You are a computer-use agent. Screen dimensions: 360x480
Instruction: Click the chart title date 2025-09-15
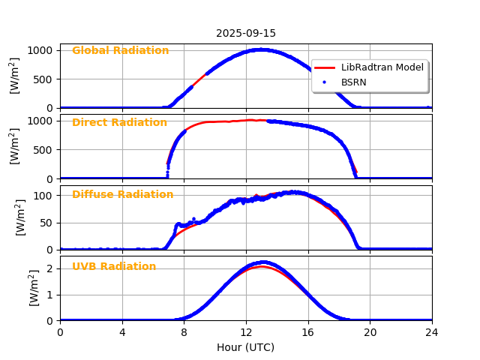[x=246, y=33]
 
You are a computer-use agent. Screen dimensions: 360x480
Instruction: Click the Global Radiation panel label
[x=120, y=51]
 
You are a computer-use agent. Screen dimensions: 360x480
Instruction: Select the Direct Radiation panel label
[x=119, y=123]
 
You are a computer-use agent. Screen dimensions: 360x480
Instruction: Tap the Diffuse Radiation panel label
[x=122, y=195]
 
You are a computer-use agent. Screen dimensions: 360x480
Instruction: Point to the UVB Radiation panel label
[x=114, y=267]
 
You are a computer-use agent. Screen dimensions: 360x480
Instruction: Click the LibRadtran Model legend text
[x=382, y=67]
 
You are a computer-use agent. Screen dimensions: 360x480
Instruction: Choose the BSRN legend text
[x=353, y=82]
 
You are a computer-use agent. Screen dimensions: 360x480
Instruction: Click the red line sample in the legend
[x=325, y=67]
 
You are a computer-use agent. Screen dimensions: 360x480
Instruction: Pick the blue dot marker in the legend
[x=325, y=82]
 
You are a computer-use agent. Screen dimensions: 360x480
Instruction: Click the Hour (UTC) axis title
[x=246, y=347]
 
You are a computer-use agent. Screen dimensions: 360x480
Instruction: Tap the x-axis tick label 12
[x=246, y=332]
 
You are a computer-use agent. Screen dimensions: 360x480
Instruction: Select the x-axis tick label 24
[x=432, y=332]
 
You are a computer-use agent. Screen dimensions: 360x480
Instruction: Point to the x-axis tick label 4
[x=122, y=332]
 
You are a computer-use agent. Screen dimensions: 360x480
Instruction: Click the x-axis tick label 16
[x=308, y=332]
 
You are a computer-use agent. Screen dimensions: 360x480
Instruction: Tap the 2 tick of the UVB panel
[x=52, y=268]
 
